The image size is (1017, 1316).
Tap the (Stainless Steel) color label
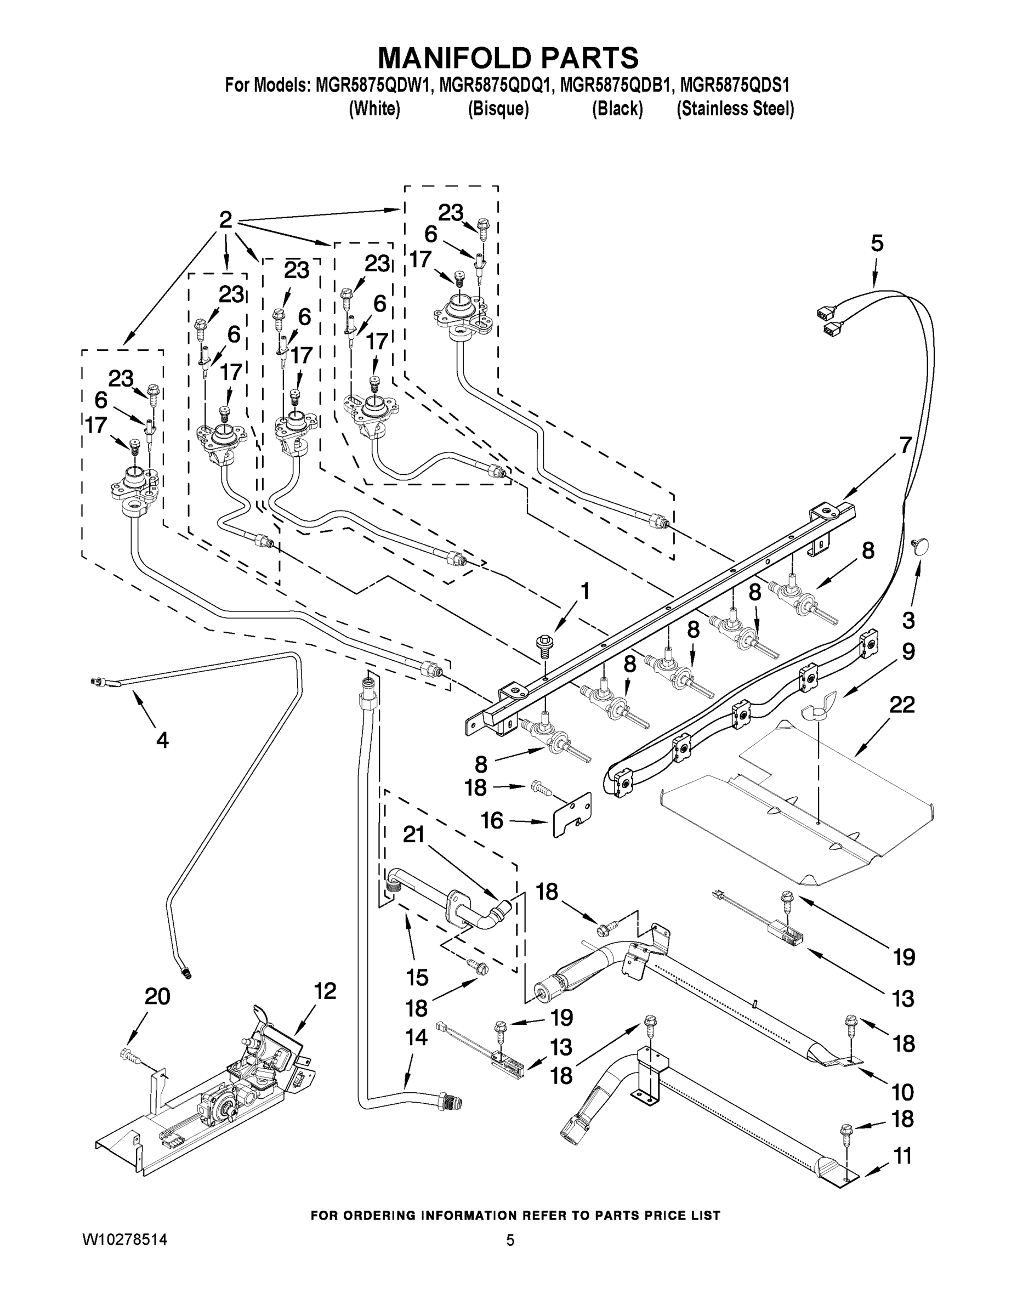[x=735, y=109]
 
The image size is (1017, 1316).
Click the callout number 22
[x=902, y=705]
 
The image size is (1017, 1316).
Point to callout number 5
[x=877, y=244]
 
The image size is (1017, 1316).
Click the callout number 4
[x=162, y=740]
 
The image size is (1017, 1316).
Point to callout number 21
[x=414, y=835]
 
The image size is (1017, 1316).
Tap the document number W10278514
[x=124, y=1239]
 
